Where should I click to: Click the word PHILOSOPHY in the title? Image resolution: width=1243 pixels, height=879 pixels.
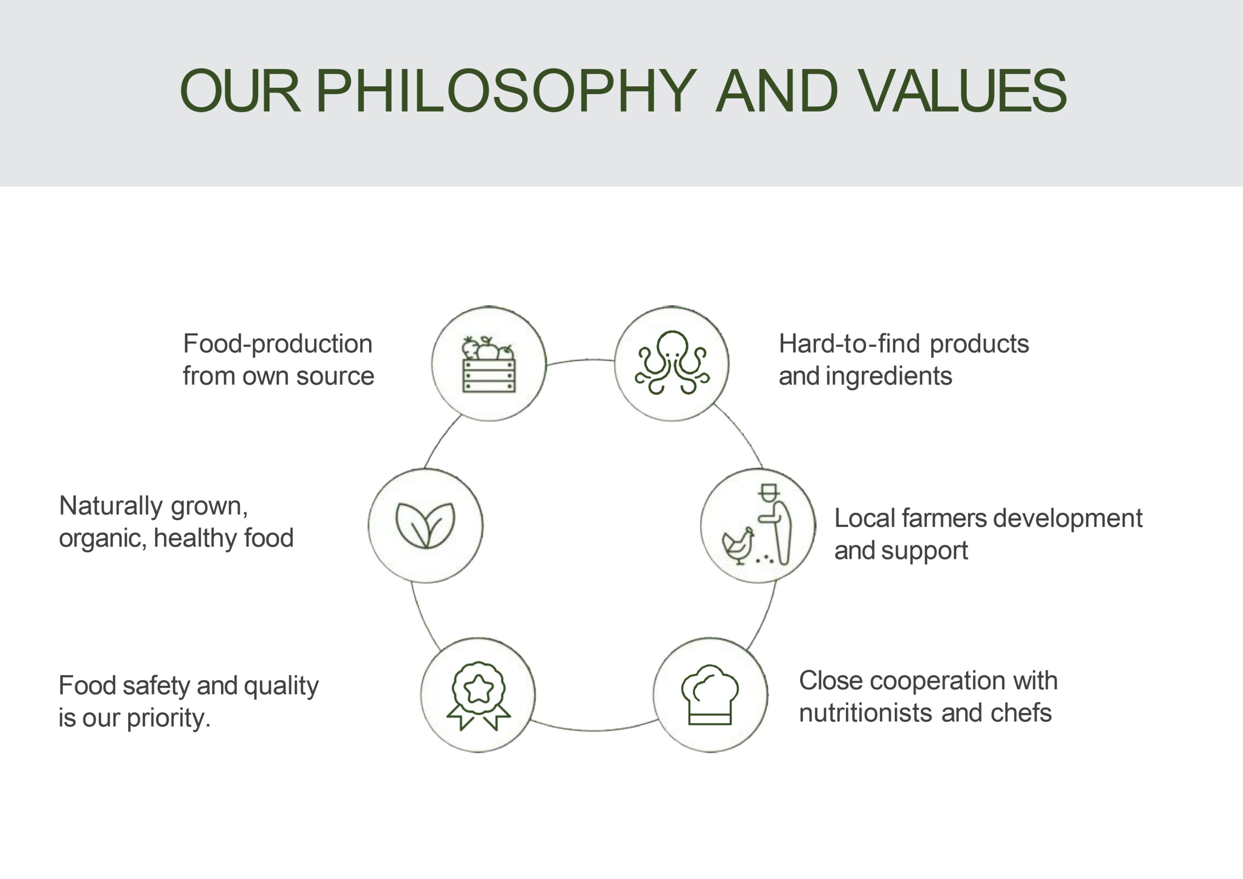coord(505,90)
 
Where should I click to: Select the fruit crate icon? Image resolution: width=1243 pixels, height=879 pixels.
coord(488,364)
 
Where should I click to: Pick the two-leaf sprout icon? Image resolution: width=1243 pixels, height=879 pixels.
coord(425,525)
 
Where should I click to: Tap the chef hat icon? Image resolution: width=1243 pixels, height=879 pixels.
coord(709,695)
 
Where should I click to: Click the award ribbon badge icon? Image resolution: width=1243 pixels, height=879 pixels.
coord(478,696)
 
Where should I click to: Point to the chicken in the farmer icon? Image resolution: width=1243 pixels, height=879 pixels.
coord(738,546)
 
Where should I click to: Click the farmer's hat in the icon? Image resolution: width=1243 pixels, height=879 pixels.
coord(769,491)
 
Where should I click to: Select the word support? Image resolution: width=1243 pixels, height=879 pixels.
coord(924,552)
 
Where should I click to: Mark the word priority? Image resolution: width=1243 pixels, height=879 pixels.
coord(168,719)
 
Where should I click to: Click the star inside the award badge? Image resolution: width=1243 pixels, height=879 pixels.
coord(479,689)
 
